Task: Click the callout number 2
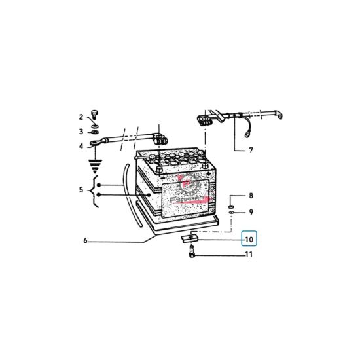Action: pos(81,117)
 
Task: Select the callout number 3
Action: pos(81,132)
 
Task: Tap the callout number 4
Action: pos(81,146)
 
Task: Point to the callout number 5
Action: pos(81,190)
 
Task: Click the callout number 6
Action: pos(85,241)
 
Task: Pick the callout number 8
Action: pos(249,196)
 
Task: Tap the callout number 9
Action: pos(249,212)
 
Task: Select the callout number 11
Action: pos(249,254)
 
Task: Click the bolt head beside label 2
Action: pos(95,113)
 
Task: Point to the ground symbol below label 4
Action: pos(96,164)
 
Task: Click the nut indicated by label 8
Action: pos(232,198)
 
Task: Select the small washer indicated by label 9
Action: pos(232,211)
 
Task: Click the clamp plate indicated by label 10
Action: pos(189,240)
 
